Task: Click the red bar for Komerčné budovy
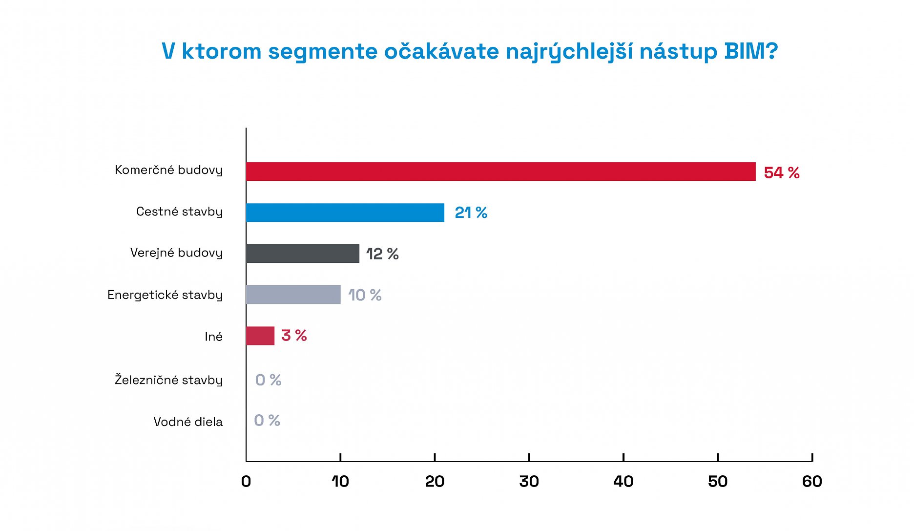pyautogui.click(x=500, y=171)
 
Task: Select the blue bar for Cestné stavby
pyautogui.click(x=345, y=212)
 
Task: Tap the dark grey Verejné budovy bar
pyautogui.click(x=302, y=254)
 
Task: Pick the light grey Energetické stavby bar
pyautogui.click(x=293, y=295)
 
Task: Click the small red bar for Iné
pyautogui.click(x=260, y=336)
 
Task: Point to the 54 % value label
pyautogui.click(x=781, y=172)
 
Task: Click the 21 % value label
pyautogui.click(x=471, y=212)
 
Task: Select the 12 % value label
pyautogui.click(x=382, y=254)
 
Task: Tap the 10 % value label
pyautogui.click(x=365, y=295)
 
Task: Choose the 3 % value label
pyautogui.click(x=294, y=336)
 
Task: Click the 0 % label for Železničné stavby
pyautogui.click(x=268, y=380)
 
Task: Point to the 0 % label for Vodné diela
pyautogui.click(x=267, y=420)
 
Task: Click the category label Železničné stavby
pyautogui.click(x=168, y=380)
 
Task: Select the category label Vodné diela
pyautogui.click(x=188, y=422)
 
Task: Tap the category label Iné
pyautogui.click(x=213, y=337)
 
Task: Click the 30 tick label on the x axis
pyautogui.click(x=529, y=482)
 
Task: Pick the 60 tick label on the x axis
pyautogui.click(x=812, y=482)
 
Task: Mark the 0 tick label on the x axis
pyautogui.click(x=246, y=482)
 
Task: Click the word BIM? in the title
pyautogui.click(x=751, y=51)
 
